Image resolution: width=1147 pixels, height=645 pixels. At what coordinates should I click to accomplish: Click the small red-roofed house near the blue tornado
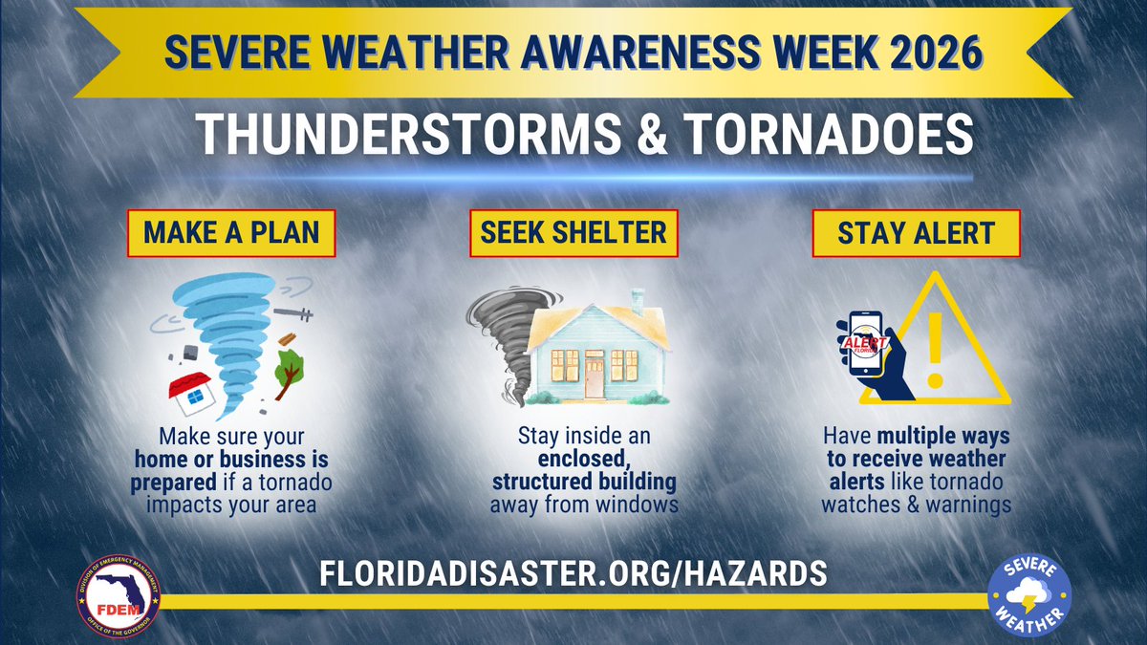point(191,392)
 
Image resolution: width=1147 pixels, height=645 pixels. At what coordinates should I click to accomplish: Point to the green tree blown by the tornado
point(290,368)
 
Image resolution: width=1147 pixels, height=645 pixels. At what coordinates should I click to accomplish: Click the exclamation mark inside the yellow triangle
point(937,349)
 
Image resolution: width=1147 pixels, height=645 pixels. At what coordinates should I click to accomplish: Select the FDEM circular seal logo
point(119,596)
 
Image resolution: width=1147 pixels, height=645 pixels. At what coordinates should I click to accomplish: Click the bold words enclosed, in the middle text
point(573,458)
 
